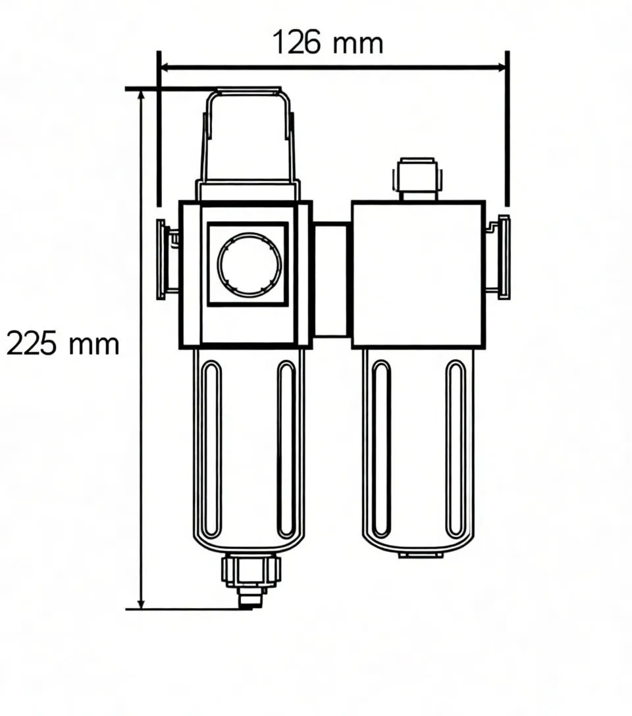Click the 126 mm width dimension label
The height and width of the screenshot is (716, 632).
(327, 43)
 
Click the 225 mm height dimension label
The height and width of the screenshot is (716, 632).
(63, 344)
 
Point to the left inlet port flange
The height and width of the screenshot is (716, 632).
(161, 259)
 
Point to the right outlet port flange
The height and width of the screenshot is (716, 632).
(504, 257)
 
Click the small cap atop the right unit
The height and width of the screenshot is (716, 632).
(418, 176)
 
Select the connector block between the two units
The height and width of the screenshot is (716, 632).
(331, 280)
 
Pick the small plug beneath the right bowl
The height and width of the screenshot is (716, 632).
(421, 555)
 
